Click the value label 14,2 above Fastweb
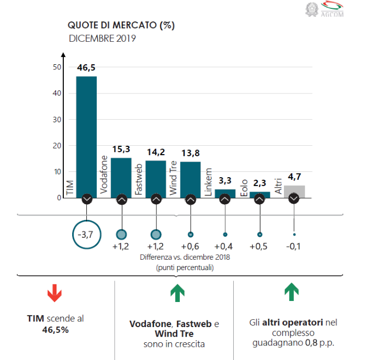coord(156,153)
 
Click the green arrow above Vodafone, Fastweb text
coord(177,293)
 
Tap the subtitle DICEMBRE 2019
coord(102,38)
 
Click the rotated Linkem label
coord(209,182)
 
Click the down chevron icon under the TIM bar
coord(86,199)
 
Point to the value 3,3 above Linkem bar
coord(225,181)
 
